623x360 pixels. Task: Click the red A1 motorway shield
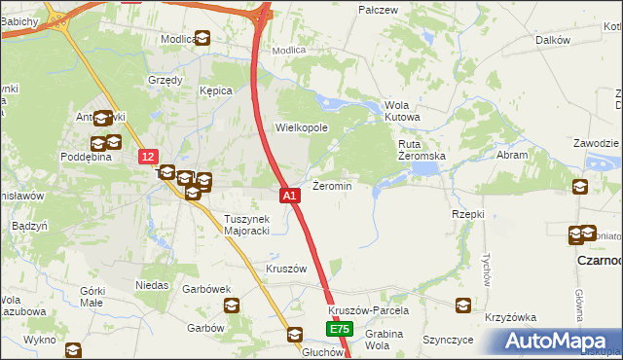289,196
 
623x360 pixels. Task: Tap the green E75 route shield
339,331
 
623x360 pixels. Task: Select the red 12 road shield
147,156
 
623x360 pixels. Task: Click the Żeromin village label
331,185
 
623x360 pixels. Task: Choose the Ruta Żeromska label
421,150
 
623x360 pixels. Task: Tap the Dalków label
552,40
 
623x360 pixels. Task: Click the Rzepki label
468,213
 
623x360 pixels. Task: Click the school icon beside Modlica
202,39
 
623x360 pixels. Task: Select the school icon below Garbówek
232,306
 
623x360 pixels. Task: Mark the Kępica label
216,90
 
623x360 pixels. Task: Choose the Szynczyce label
448,341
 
